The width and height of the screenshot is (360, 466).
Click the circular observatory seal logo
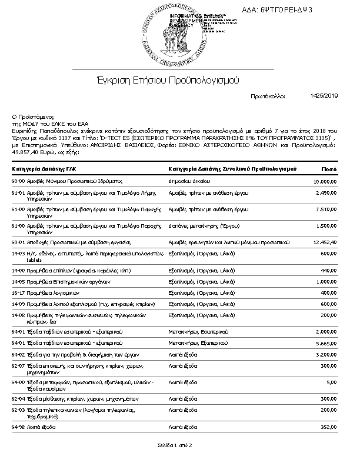tap(170, 32)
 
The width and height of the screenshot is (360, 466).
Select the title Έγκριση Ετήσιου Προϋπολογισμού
tap(168, 80)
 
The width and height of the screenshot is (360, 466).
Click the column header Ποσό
tap(328, 169)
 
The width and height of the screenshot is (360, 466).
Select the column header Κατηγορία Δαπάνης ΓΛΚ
tap(44, 169)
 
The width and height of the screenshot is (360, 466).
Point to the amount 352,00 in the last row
tap(328, 425)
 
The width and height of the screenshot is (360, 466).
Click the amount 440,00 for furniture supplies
tap(328, 270)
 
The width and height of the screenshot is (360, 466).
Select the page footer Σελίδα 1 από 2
tap(175, 445)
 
